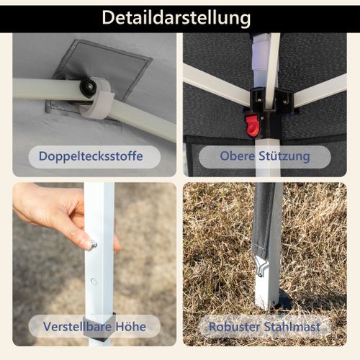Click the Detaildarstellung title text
point(176,18)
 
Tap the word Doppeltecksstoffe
point(91,156)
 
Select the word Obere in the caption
point(237,156)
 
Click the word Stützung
point(284,156)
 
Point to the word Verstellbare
point(78,326)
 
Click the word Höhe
point(131,326)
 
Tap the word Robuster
point(234,327)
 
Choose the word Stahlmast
point(292,327)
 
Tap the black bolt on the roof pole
point(88,87)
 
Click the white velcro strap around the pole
point(99,99)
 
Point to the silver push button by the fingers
point(94,245)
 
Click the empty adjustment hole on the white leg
point(94,282)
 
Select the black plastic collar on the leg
point(102,326)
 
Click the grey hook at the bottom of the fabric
point(261,266)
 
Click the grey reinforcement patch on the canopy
point(101,77)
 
